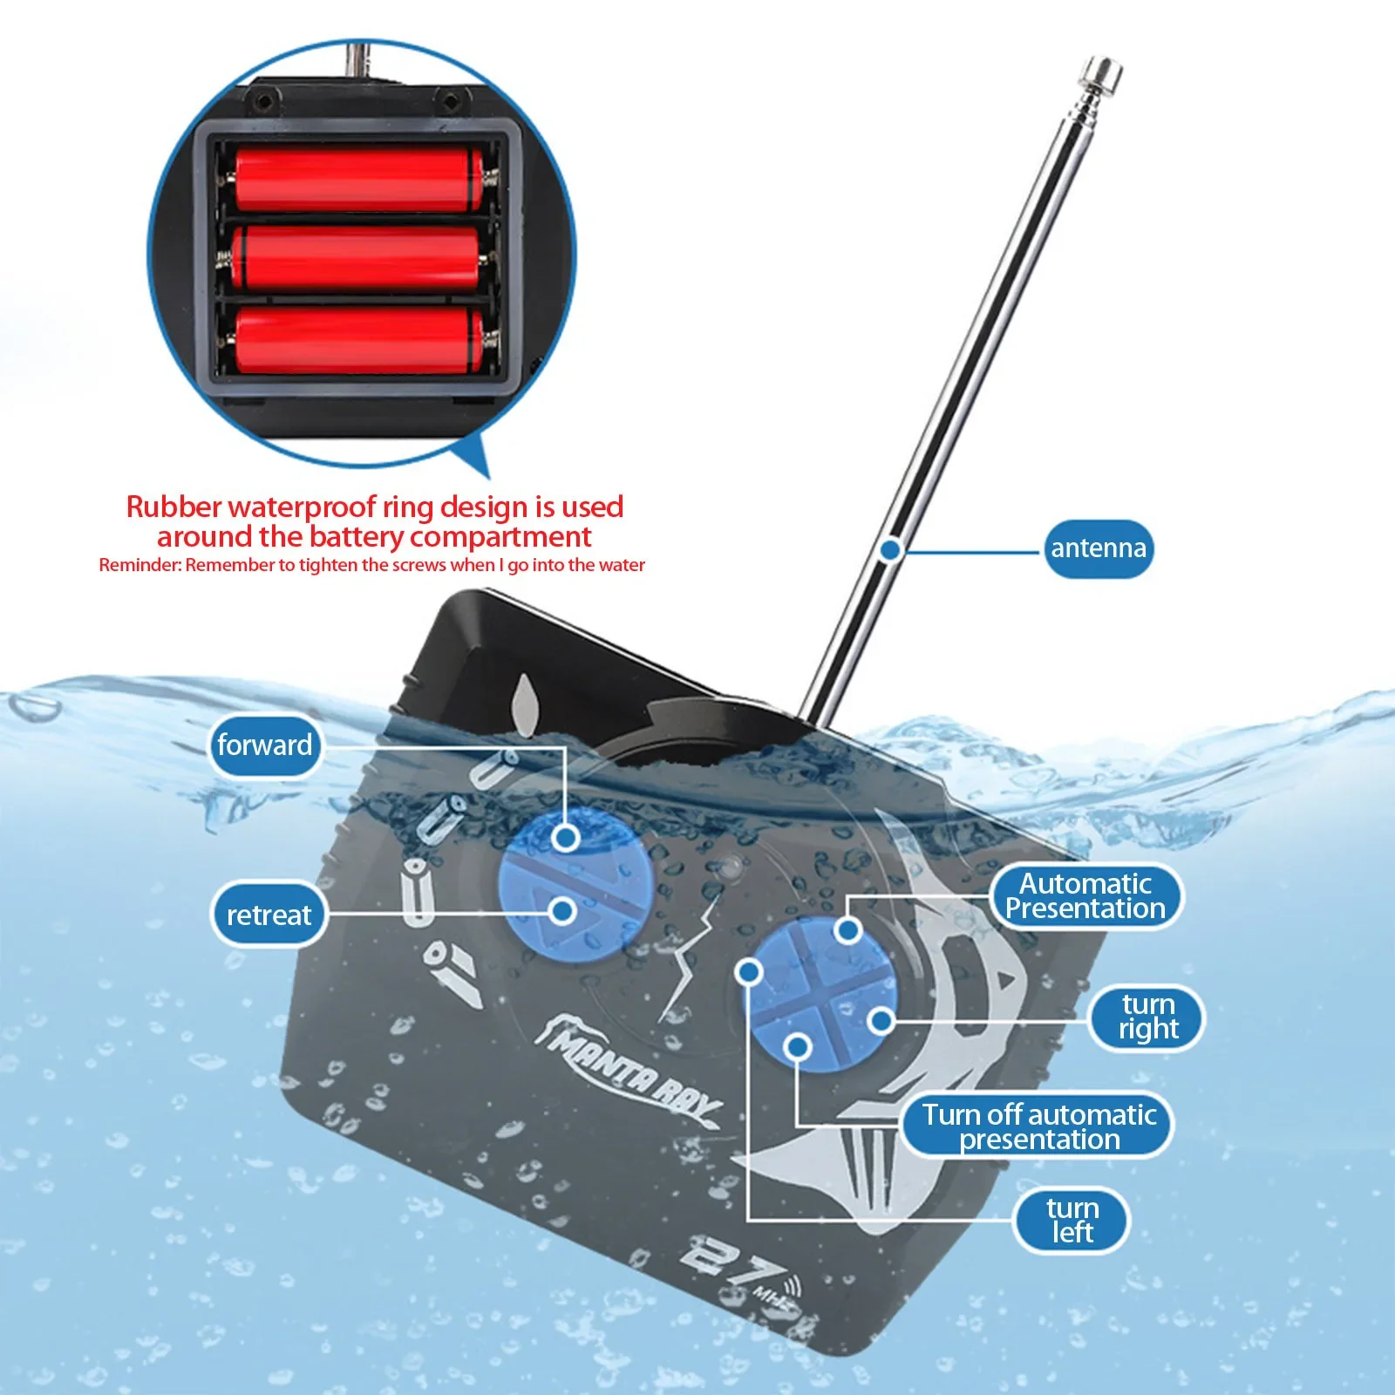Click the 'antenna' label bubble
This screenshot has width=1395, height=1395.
point(1098,548)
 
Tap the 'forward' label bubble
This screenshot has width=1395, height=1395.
point(264,745)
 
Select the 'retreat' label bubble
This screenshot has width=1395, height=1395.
point(269,915)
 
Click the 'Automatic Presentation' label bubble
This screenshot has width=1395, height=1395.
point(1085,896)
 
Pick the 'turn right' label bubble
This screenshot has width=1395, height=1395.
point(1147,1017)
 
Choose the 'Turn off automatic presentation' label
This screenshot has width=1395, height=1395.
point(1038,1126)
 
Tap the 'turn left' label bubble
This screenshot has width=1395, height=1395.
point(1072,1220)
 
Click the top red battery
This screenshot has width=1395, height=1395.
point(358,179)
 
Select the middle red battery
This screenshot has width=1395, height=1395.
point(358,258)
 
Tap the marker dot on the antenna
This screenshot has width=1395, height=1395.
point(889,550)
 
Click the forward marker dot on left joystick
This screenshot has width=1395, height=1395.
point(567,839)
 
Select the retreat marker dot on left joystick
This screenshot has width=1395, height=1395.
point(563,911)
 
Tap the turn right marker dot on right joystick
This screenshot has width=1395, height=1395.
point(881,1020)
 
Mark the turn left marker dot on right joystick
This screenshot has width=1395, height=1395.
point(750,970)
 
